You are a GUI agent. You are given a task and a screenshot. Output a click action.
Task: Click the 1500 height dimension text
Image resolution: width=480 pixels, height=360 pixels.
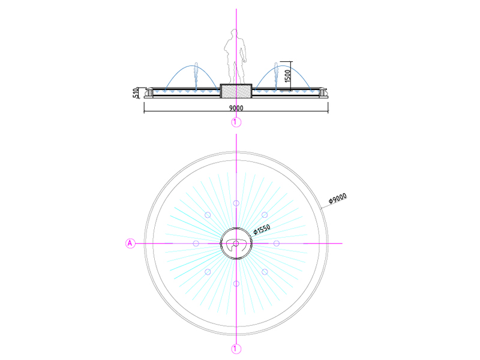pos(287,76)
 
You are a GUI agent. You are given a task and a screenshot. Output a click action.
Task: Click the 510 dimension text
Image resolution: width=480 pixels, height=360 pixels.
pos(136,93)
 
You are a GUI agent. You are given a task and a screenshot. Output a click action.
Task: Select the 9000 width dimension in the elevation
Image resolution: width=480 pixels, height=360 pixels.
pos(236,108)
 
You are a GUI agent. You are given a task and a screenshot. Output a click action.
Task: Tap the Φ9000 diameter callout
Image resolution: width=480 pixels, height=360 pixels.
pos(337,199)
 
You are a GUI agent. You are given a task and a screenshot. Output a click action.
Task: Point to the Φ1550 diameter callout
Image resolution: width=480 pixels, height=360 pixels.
pos(262,229)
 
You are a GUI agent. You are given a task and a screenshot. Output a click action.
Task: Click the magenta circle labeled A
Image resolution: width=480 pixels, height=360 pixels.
pos(130,244)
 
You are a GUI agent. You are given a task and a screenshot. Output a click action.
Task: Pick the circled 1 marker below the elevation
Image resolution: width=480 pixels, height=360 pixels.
pos(236,122)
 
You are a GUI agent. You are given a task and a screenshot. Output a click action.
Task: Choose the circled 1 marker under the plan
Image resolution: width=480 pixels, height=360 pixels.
pos(236,349)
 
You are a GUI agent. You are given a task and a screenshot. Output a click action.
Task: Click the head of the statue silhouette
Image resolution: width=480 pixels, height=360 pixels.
pos(234,33)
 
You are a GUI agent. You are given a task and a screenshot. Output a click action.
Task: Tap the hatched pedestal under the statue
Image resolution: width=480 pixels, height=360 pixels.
pos(236,91)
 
